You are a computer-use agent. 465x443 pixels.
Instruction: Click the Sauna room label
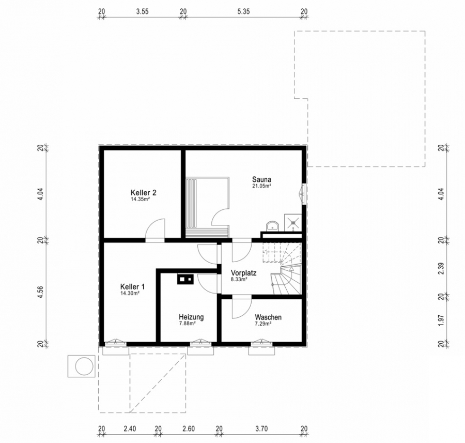(x=261, y=179)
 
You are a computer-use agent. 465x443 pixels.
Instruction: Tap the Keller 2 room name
(x=143, y=193)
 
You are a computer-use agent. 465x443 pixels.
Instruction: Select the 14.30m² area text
(x=130, y=293)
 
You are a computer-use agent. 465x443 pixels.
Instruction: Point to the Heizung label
(x=191, y=317)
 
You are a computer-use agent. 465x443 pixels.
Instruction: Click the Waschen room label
(x=268, y=317)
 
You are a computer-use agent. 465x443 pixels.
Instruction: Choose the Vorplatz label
(x=243, y=273)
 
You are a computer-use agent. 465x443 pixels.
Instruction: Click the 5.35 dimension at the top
(x=243, y=11)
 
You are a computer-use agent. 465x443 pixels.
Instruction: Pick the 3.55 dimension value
(x=143, y=11)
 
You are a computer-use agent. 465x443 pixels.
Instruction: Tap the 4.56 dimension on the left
(x=40, y=292)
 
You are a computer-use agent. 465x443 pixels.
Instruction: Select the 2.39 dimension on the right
(x=441, y=268)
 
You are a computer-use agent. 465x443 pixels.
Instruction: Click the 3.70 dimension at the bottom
(x=261, y=429)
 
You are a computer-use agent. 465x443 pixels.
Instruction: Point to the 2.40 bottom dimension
(x=130, y=429)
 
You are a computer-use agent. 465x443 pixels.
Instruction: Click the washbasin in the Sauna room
(x=272, y=225)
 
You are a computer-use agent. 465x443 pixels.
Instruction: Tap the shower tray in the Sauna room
(x=293, y=222)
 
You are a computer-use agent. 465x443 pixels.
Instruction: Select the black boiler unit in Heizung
(x=185, y=279)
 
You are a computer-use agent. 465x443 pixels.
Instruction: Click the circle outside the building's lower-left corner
(x=85, y=366)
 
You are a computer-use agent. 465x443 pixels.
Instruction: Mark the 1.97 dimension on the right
(x=441, y=320)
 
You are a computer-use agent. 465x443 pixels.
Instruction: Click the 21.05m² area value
(x=261, y=186)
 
